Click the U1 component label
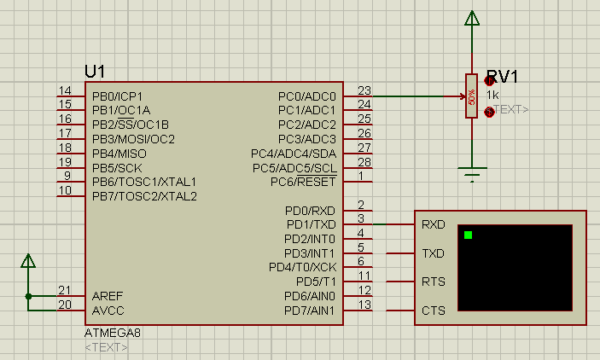[95, 72]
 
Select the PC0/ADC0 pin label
[307, 96]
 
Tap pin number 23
[364, 90]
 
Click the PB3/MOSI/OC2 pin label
[133, 139]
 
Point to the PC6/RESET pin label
[304, 182]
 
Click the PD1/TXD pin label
[311, 224]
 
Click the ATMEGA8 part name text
[113, 332]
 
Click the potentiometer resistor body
[470, 96]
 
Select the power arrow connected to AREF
[28, 260]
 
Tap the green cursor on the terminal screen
[468, 235]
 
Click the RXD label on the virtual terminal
[433, 225]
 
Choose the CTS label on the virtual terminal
[433, 311]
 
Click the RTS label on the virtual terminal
[433, 282]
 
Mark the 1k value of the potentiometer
[492, 94]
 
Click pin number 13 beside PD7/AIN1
[364, 305]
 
